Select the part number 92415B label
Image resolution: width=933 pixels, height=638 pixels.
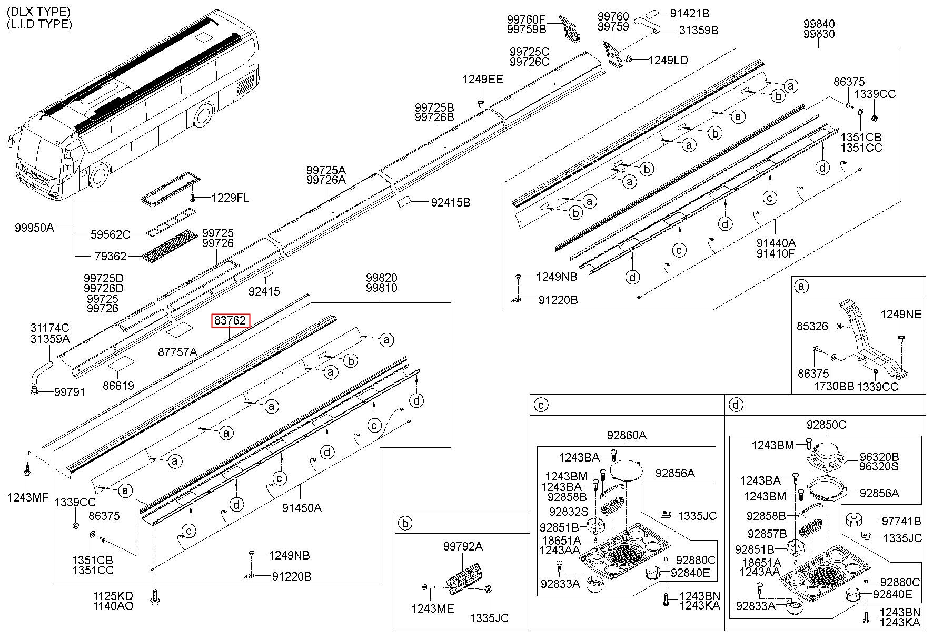(451, 202)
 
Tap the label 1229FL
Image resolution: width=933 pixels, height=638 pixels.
(231, 198)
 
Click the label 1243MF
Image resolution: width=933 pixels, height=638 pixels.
(28, 497)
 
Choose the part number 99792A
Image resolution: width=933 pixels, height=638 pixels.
(462, 546)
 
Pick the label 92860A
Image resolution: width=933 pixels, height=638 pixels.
(627, 435)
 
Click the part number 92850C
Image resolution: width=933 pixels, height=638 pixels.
(826, 425)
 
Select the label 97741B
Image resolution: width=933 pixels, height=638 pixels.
(901, 521)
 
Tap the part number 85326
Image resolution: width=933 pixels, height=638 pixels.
(812, 327)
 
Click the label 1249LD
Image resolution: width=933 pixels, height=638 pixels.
(668, 61)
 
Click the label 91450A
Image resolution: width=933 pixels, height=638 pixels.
(302, 508)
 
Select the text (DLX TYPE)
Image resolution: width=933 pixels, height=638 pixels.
(38, 12)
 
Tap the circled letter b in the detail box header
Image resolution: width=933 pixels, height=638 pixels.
(405, 524)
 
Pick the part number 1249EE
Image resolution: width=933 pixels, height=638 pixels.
(483, 80)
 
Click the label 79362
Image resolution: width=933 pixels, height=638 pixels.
(111, 256)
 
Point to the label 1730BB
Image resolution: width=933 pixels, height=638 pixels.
(833, 387)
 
